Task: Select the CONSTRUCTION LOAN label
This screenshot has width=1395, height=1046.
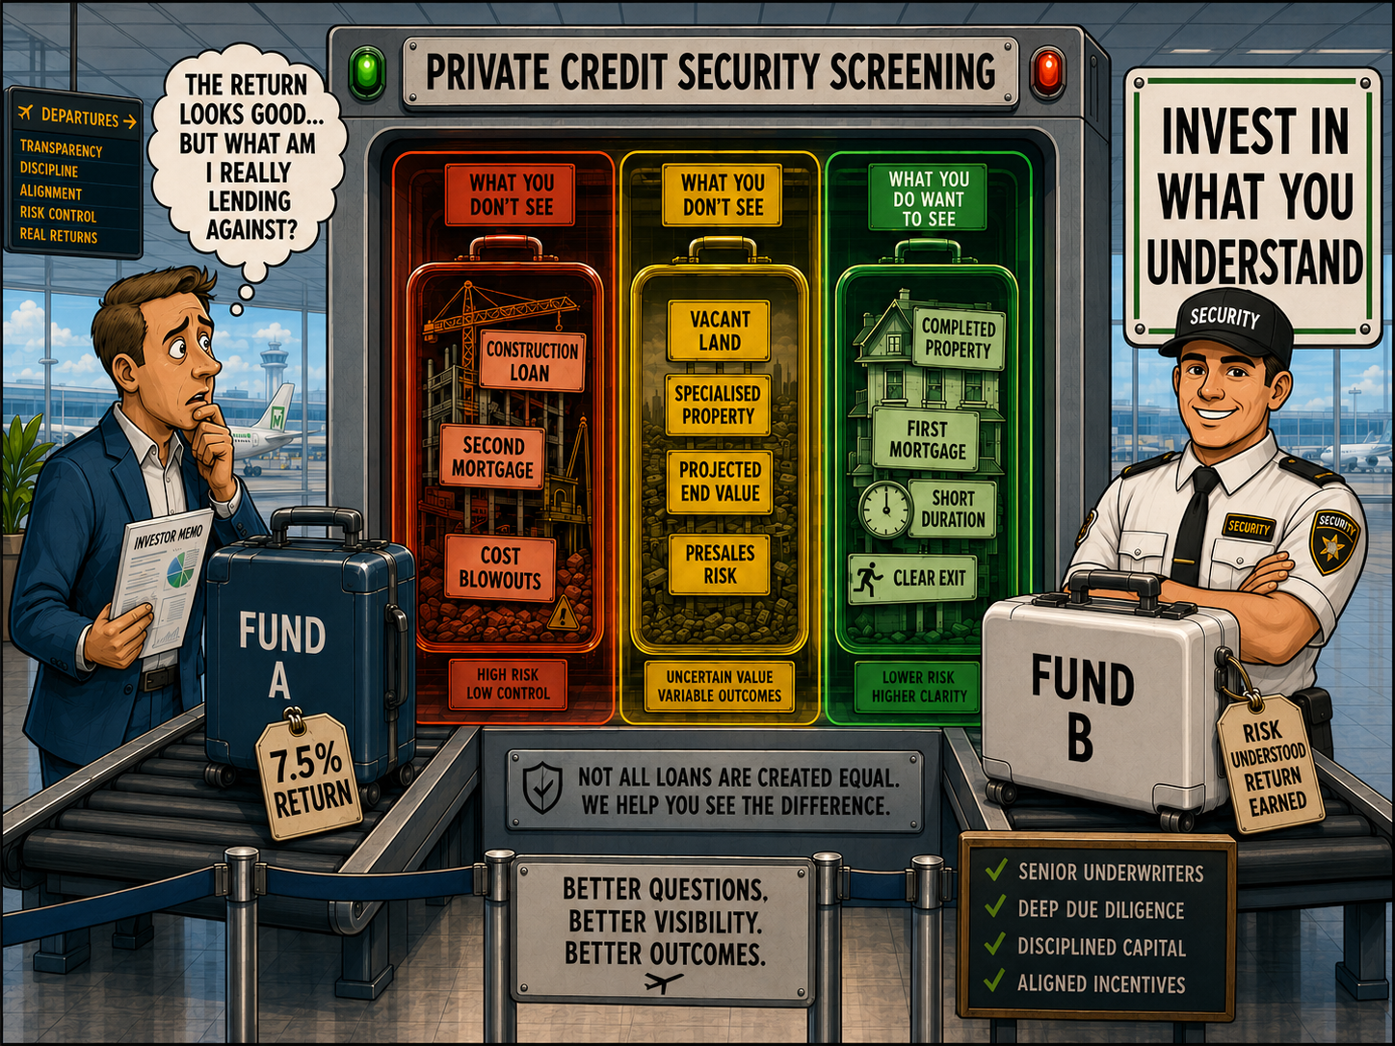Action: pos(532,360)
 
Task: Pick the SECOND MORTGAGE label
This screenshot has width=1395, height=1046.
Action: pos(493,457)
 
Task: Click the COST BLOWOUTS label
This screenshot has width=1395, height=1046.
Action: pos(500,567)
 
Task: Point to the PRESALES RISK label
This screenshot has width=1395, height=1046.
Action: pos(720,564)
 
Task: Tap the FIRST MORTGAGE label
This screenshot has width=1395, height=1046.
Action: pos(926,439)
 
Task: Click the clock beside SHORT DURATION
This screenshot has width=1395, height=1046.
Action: pos(884,510)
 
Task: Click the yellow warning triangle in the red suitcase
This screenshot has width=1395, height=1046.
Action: pos(563,615)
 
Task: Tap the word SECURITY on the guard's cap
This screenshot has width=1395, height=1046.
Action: pos(1224,317)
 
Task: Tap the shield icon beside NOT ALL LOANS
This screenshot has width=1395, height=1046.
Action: pos(542,788)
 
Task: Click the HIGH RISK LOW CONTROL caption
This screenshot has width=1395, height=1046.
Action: pos(507,684)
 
